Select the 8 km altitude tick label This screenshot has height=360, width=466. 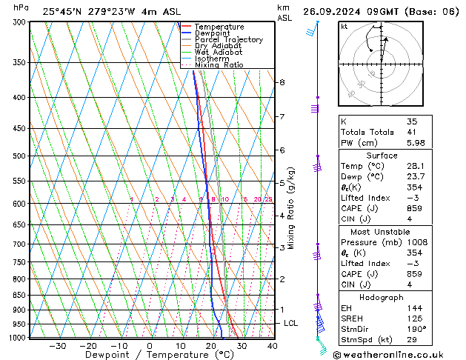[x=282, y=82]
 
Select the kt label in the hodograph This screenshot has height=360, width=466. [x=344, y=27]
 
